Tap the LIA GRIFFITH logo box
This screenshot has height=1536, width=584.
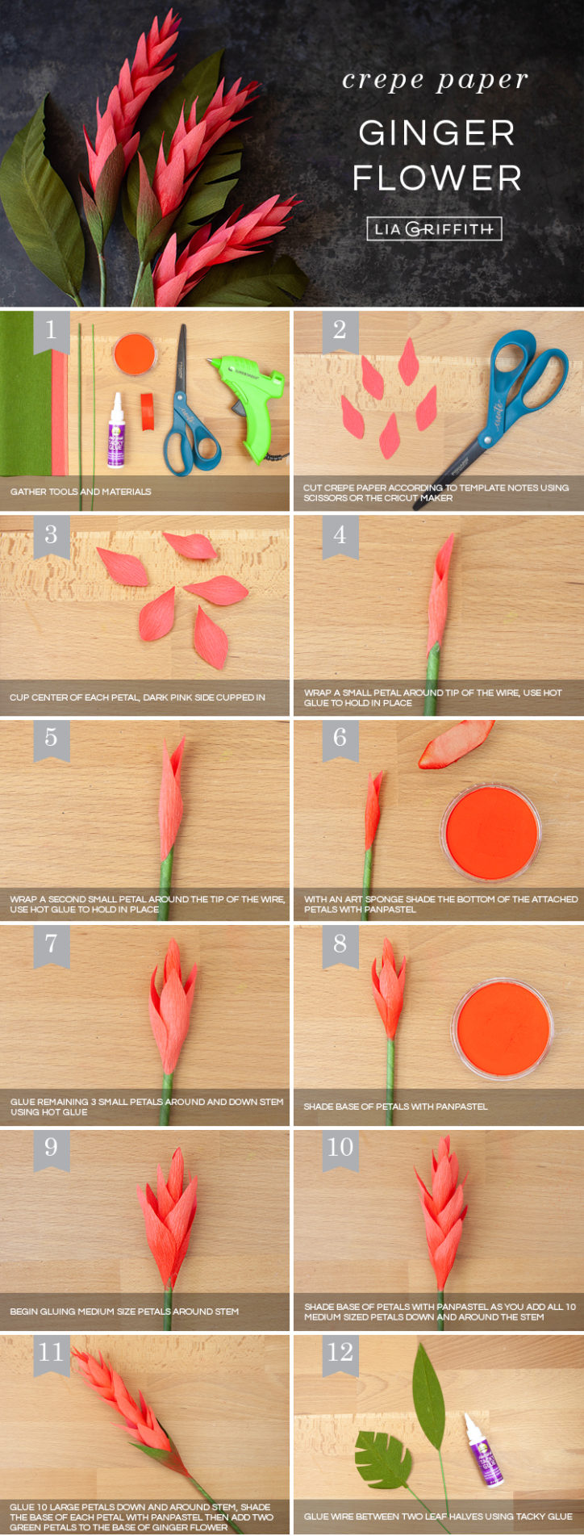point(434,229)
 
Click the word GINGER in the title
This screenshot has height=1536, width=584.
point(436,133)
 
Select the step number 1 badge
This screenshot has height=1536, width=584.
point(51,330)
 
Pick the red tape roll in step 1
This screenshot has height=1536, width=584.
point(147,410)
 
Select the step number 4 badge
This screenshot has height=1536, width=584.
point(340,535)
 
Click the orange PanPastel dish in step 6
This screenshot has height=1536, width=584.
point(490,832)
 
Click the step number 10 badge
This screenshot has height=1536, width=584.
point(340,1147)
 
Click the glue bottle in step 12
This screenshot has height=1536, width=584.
point(483,1450)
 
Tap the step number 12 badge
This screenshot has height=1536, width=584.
point(340,1352)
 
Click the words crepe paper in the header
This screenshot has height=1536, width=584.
point(435,80)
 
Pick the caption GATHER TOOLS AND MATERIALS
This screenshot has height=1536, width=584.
point(81,492)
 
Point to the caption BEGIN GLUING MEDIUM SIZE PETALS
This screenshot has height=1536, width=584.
point(124,1312)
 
